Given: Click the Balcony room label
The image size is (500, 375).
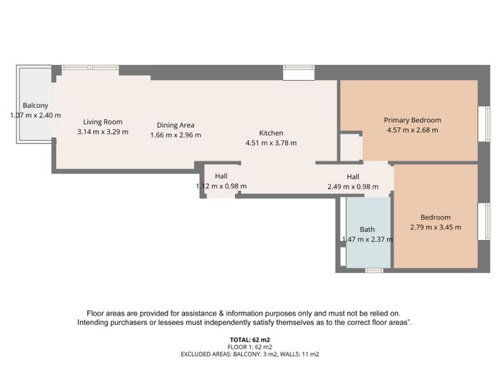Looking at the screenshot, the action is click(x=36, y=106).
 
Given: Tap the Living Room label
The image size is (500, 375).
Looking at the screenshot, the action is click(x=103, y=122).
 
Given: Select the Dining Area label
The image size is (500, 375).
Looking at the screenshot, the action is click(x=176, y=125).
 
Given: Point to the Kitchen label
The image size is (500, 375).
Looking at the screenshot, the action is click(x=271, y=133).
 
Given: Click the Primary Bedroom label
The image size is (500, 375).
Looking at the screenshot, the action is click(x=412, y=120).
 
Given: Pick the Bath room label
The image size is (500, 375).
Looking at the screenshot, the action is click(x=367, y=229).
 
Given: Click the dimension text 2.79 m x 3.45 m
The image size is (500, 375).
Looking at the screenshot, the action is click(x=435, y=227).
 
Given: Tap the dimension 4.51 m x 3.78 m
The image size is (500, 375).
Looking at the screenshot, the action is click(x=271, y=143).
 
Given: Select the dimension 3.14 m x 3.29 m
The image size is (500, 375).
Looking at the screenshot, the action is click(x=103, y=131).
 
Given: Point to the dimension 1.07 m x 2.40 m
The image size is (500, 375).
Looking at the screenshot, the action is click(x=36, y=116).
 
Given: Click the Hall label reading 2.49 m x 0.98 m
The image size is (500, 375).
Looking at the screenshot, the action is click(x=353, y=176).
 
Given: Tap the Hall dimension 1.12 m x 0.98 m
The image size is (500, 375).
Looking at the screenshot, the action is click(x=221, y=186).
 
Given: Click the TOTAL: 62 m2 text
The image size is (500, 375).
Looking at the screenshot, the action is click(x=250, y=340).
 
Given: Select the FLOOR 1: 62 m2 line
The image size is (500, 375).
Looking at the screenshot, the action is click(x=250, y=347).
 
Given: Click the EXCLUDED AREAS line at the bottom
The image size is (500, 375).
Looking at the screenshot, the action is click(x=250, y=354).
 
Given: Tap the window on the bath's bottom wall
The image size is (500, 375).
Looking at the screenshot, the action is click(x=374, y=271).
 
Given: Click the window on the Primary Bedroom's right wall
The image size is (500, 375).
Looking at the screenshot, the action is click(x=484, y=124).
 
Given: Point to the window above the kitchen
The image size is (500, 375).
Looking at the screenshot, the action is click(x=299, y=68).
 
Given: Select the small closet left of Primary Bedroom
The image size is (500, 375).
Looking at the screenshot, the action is click(x=351, y=148).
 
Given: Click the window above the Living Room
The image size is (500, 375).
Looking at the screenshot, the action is click(x=90, y=67).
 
